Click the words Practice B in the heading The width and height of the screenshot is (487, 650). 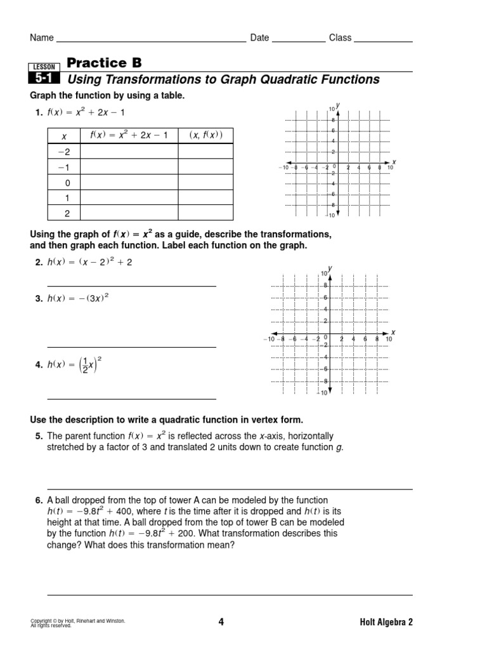[104, 63]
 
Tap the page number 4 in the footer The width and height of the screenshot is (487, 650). [221, 622]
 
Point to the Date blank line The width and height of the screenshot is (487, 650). [298, 39]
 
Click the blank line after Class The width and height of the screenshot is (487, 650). [383, 39]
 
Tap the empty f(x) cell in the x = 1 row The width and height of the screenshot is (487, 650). [129, 198]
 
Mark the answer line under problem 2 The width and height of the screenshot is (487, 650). [131, 287]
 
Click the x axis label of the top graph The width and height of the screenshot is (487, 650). [394, 161]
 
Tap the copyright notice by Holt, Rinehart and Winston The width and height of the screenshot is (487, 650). [77, 622]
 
